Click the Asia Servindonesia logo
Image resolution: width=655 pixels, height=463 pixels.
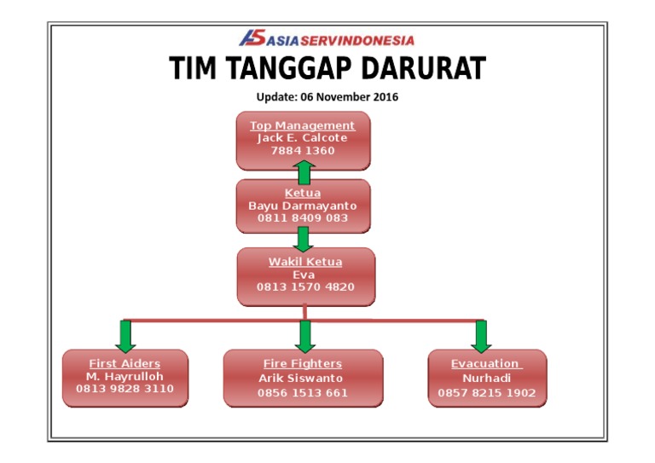(327, 39)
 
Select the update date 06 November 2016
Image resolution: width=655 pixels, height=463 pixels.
(350, 96)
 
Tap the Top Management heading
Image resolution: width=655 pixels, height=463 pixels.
(302, 125)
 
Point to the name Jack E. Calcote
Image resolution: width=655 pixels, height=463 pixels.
(302, 137)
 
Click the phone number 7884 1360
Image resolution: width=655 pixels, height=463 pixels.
(302, 150)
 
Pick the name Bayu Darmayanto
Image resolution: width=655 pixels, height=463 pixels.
(303, 205)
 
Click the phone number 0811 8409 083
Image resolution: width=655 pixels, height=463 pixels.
(303, 218)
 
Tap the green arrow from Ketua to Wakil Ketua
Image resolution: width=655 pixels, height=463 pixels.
(303, 238)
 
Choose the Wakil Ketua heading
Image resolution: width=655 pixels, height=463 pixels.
(305, 262)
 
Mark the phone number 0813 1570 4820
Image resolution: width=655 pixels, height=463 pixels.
(305, 286)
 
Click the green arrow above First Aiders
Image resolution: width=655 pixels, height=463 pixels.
(125, 335)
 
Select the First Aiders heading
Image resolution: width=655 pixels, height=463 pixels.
(125, 363)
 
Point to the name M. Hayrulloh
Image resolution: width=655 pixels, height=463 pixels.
(125, 376)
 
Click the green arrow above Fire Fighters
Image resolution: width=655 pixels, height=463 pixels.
(306, 335)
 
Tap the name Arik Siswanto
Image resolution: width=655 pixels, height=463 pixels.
(303, 378)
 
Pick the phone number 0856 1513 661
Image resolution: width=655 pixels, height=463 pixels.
(303, 393)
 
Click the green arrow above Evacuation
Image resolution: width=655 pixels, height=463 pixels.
(480, 335)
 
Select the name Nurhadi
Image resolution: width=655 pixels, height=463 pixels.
(486, 378)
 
